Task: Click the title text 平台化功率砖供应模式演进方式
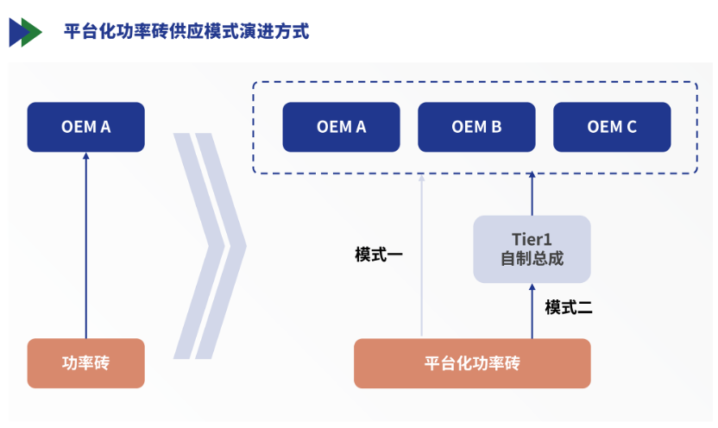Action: [x=186, y=32]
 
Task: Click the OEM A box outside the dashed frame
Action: [x=85, y=127]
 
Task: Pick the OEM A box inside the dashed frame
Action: [x=341, y=127]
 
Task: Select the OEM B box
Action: [x=476, y=127]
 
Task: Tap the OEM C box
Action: [x=612, y=127]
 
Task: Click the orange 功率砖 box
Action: [x=85, y=362]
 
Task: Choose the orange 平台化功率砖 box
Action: [x=472, y=362]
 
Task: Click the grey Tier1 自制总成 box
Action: [x=532, y=249]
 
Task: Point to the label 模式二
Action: [x=568, y=307]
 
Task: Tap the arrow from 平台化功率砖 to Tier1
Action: [x=532, y=311]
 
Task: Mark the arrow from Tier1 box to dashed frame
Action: [x=532, y=194]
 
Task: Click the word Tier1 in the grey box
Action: [x=532, y=239]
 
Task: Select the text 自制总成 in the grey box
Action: [x=532, y=259]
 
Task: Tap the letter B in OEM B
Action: [x=496, y=127]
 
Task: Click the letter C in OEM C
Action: [x=631, y=127]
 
